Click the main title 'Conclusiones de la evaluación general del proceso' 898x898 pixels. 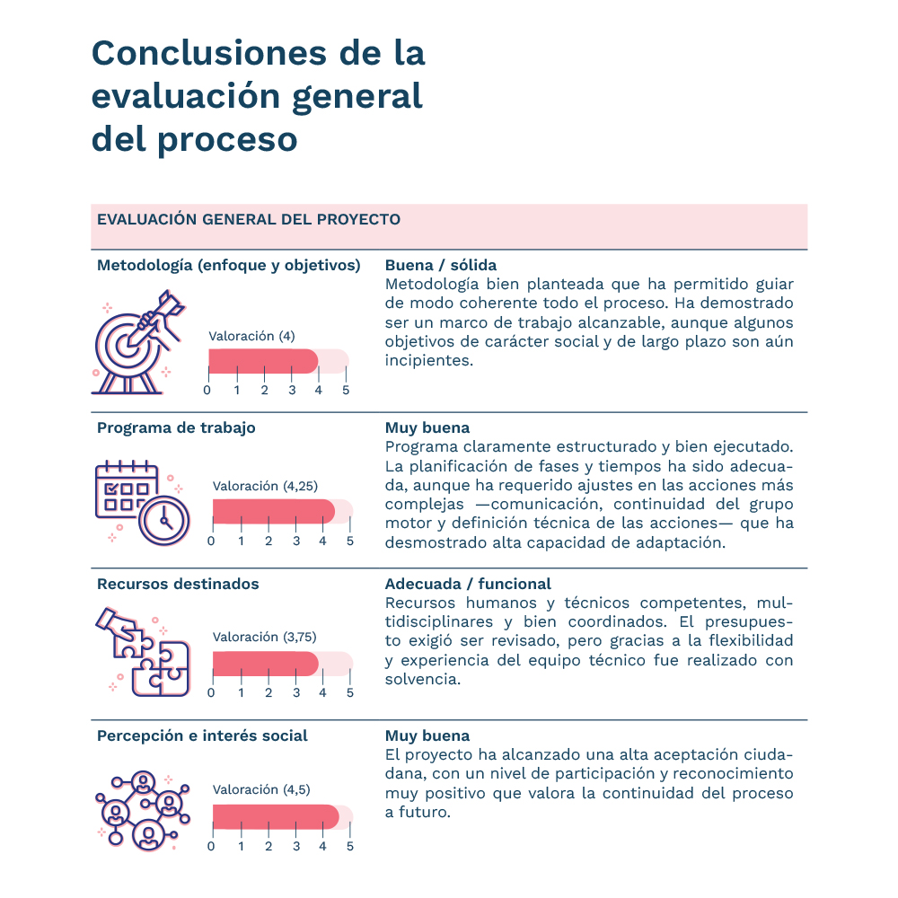tap(259, 96)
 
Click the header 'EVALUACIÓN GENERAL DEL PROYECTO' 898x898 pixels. tap(249, 220)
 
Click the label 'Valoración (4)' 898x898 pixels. tap(251, 337)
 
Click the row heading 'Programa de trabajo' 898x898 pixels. tap(176, 428)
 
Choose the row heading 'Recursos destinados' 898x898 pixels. tap(178, 585)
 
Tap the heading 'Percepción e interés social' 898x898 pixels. tap(202, 736)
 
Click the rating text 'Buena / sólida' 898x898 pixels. tap(441, 266)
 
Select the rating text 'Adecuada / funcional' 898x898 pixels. tap(468, 585)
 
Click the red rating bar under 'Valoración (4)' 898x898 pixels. tap(263, 361)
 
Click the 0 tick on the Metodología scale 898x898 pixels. tap(207, 391)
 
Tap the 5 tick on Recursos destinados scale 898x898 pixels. tap(350, 693)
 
